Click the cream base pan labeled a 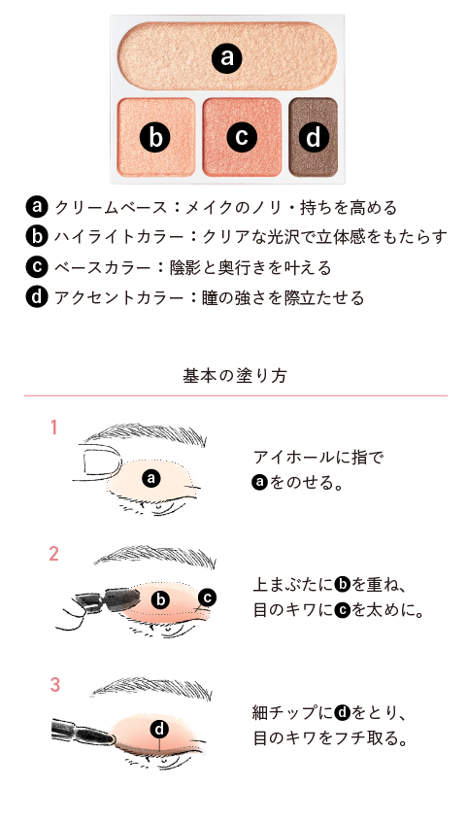(227, 56)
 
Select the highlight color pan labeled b (156, 137)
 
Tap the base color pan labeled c (242, 137)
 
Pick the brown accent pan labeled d (313, 137)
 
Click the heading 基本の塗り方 (235, 376)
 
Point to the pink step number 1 (53, 428)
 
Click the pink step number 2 (53, 554)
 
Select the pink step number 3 (54, 684)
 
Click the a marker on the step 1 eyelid (150, 477)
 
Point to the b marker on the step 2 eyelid (161, 599)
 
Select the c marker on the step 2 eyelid (207, 597)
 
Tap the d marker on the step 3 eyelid (159, 728)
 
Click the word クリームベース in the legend (110, 207)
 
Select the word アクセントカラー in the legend (118, 298)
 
